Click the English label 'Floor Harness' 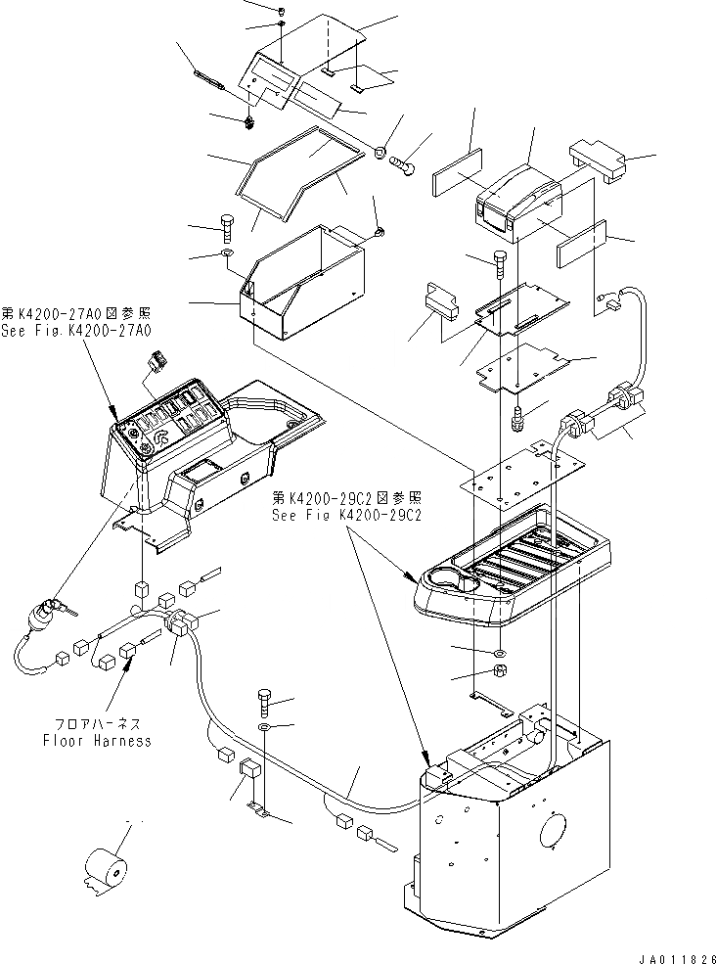coord(97,741)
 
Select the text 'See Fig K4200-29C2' coord(347,517)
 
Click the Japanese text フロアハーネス coord(97,724)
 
